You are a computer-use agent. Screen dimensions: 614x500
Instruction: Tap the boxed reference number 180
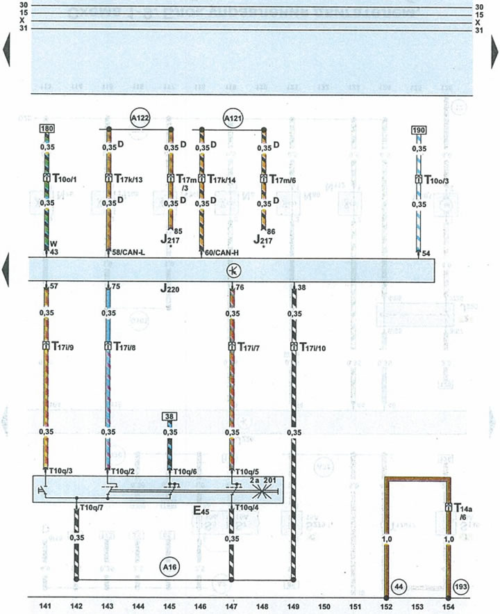coord(47,129)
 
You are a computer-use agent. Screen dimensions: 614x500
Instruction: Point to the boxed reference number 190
coord(418,129)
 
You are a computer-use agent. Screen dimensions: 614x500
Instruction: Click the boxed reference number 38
coord(169,417)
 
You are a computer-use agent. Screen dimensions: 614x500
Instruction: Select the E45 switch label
coord(201,512)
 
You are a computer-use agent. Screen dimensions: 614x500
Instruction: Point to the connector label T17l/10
coord(319,346)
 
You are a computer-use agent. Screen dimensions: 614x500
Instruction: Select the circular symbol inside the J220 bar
coord(231,269)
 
